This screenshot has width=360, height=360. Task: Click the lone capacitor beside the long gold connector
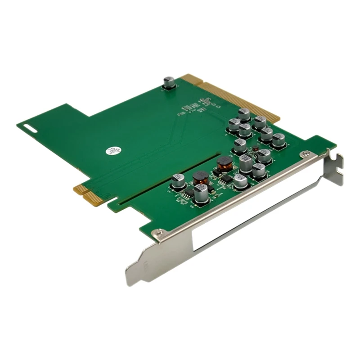169,82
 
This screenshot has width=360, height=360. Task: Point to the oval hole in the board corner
30,128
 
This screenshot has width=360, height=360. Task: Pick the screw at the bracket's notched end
307,154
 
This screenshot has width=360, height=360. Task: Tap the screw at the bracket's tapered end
159,233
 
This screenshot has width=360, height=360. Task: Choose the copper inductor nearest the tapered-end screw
200,176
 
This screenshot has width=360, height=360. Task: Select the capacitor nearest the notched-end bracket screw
279,140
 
